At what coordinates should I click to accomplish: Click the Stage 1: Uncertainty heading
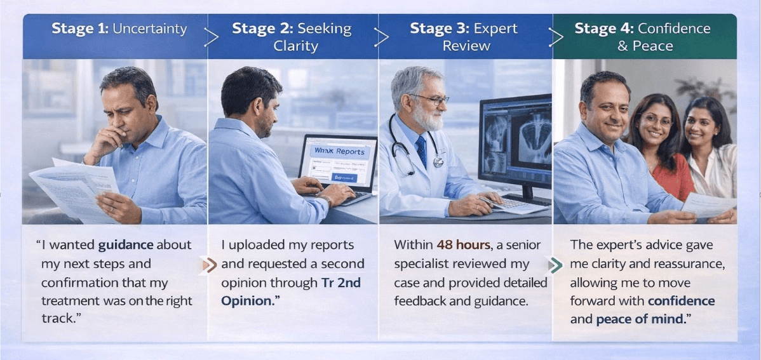click(x=119, y=29)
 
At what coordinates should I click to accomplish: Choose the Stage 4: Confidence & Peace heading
click(x=642, y=37)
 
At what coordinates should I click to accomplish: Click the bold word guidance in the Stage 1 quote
click(x=126, y=244)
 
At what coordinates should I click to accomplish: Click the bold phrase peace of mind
click(x=642, y=319)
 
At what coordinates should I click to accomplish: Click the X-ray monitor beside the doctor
click(x=515, y=143)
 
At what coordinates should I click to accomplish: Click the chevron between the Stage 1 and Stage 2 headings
click(x=212, y=37)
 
